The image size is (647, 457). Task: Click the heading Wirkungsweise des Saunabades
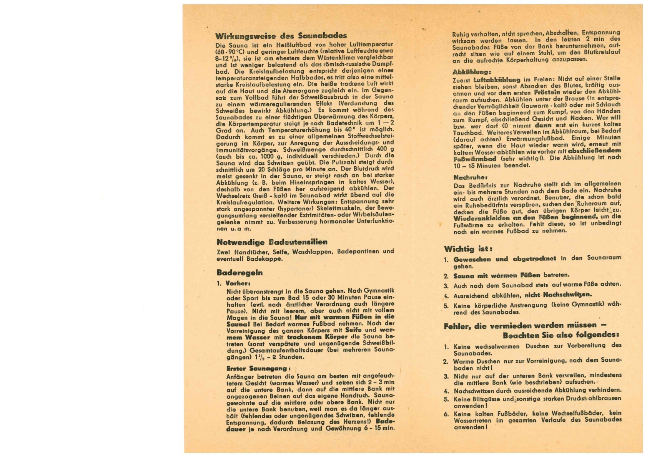pos(281,36)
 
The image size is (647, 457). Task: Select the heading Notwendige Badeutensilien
pos(272,242)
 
